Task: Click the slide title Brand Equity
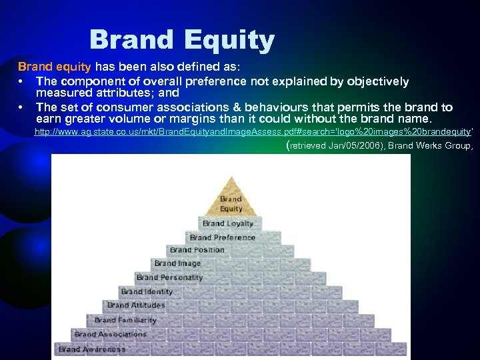181,40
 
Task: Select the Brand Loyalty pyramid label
227,223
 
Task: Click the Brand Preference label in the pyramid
222,237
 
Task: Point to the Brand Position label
197,250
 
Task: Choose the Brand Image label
178,263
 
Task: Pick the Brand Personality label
169,277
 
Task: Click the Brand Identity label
147,291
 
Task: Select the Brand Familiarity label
125,320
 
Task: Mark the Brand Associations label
110,334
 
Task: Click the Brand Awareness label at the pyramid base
92,349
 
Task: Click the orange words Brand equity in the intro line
55,67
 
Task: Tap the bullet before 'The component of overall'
21,81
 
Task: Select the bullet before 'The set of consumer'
21,107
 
